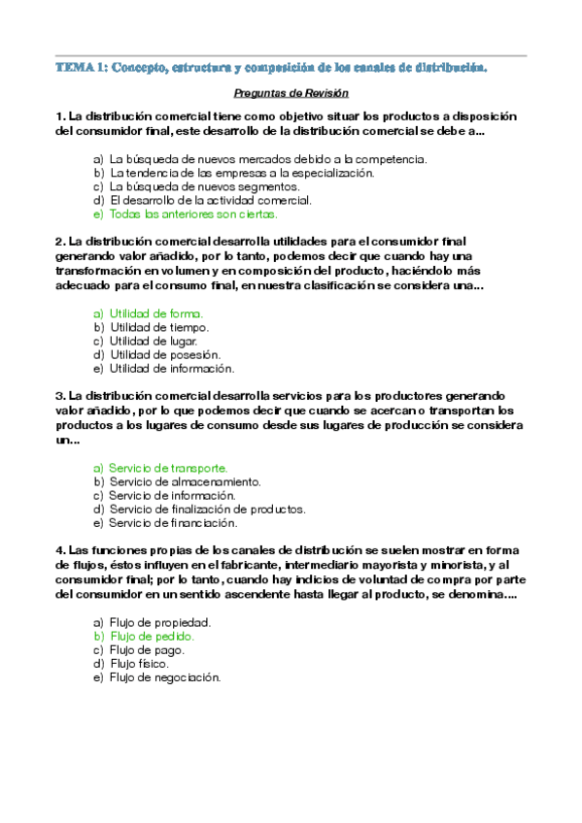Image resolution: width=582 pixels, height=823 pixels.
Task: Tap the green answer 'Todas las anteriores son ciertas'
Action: (193, 214)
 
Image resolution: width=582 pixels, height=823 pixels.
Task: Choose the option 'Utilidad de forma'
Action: (156, 313)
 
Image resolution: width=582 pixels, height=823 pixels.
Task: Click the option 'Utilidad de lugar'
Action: (154, 341)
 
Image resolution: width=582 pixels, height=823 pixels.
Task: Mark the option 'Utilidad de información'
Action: (172, 368)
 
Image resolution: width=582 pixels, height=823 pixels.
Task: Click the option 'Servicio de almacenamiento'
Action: (185, 480)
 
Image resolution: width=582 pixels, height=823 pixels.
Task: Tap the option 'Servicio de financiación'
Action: (173, 522)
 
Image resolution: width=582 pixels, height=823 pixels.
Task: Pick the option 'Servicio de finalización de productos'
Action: (207, 508)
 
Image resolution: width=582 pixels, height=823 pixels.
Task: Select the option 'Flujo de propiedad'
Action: (160, 622)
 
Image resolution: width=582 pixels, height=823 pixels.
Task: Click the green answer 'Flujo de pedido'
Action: (152, 636)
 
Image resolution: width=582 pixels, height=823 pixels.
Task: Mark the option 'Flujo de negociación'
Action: (165, 677)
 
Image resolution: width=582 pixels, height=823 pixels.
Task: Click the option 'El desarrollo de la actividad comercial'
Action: (210, 200)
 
